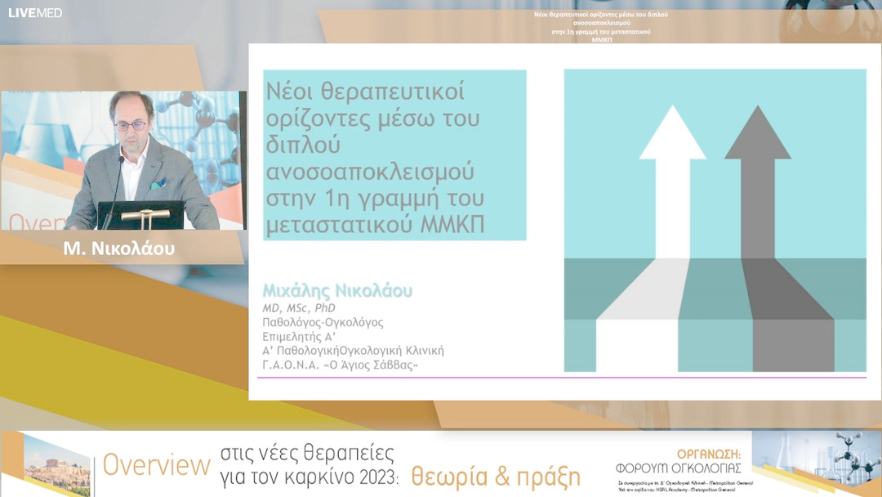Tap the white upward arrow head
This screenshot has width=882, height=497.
point(671,136)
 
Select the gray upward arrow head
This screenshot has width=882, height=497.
point(757,136)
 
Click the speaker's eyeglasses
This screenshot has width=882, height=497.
point(131,126)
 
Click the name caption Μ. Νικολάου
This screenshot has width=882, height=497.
point(119,248)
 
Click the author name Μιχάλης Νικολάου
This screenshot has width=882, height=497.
point(337,292)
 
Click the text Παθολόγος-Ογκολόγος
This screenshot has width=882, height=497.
point(323,322)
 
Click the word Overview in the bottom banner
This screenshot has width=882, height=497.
point(156,465)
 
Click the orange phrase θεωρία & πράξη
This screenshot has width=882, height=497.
point(496,475)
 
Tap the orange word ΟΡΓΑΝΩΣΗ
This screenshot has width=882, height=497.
point(709,454)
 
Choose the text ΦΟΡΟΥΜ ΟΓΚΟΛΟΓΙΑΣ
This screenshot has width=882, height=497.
point(679,468)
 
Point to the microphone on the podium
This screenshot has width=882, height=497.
point(119,176)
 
